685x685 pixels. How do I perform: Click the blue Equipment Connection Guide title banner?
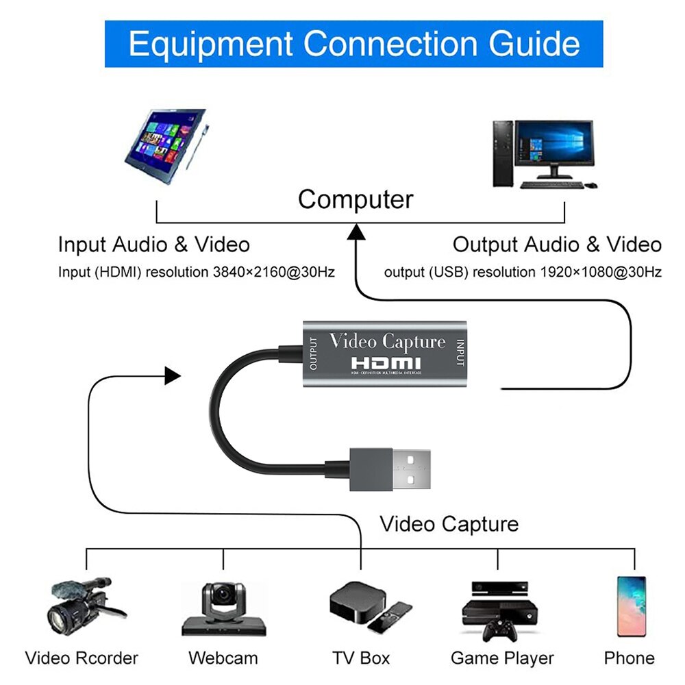point(353,44)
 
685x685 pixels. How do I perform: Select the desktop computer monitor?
point(553,147)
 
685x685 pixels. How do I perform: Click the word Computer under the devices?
point(356,200)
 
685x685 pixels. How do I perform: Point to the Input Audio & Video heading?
point(153,245)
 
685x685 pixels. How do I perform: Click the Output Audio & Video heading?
point(557,245)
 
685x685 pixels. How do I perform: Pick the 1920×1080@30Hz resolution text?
point(601,273)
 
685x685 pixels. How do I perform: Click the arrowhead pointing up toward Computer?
point(356,234)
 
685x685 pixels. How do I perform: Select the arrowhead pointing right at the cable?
point(173,375)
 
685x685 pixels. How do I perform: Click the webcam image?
point(223,610)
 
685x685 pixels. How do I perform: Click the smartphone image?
point(630,606)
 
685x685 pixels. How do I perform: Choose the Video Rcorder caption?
point(82,658)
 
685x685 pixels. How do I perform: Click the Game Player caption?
point(502,658)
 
